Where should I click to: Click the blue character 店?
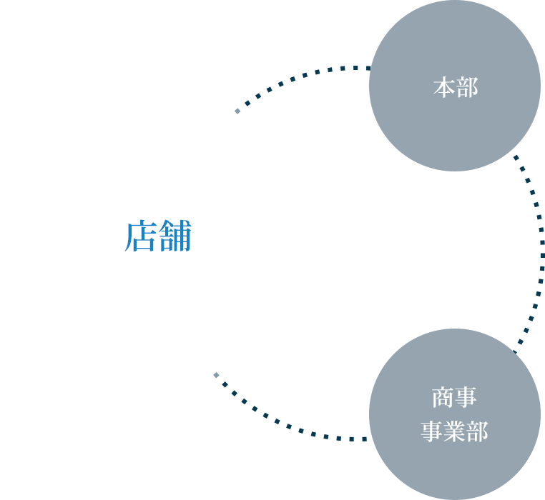(140, 237)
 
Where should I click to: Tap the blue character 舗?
(175, 237)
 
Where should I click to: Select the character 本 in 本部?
(444, 88)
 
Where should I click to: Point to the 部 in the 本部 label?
(466, 88)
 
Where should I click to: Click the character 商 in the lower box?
(443, 397)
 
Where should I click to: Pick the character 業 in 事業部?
(454, 432)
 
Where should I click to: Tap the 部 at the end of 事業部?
(477, 432)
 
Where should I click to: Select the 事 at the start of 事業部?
(431, 432)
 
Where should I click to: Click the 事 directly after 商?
(466, 397)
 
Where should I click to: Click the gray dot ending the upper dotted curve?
(237, 111)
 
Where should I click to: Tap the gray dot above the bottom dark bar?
(216, 375)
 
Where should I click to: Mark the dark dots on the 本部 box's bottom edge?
(519, 163)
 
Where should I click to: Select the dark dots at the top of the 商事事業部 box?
(521, 340)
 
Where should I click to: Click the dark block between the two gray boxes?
(454, 250)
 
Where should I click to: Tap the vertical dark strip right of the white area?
(341, 236)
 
